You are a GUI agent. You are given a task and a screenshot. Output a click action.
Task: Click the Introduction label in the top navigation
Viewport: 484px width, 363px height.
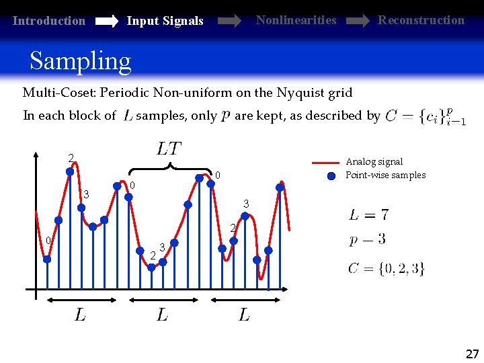tap(49, 21)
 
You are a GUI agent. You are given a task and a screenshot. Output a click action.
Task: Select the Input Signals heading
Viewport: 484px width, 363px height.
tap(165, 21)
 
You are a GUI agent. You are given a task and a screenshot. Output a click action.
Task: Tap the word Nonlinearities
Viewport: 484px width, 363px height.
tap(296, 20)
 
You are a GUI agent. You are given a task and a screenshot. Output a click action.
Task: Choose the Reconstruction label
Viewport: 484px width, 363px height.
tap(421, 20)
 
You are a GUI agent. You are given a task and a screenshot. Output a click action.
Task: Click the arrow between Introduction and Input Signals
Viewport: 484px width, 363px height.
tap(106, 22)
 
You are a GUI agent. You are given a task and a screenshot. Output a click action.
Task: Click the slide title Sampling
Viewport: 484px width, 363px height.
tap(80, 61)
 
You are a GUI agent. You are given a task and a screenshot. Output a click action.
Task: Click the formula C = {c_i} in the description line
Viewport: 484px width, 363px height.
tap(426, 117)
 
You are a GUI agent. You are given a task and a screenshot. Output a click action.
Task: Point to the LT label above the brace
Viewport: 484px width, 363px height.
tap(169, 147)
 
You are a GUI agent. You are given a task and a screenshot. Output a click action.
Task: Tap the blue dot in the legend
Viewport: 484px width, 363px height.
tap(331, 176)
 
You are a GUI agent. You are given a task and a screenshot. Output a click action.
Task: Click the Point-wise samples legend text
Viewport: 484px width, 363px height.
tap(385, 175)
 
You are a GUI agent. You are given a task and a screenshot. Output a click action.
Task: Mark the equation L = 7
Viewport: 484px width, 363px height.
tap(368, 215)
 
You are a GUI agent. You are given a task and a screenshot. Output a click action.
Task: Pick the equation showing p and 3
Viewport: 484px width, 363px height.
tap(367, 240)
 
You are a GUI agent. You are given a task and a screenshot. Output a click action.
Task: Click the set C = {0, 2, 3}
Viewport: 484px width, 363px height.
tap(386, 269)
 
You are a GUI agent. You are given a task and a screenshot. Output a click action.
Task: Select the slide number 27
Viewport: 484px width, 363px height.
tap(472, 354)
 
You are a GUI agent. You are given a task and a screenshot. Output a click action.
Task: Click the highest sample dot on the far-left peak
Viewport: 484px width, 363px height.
tap(70, 171)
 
